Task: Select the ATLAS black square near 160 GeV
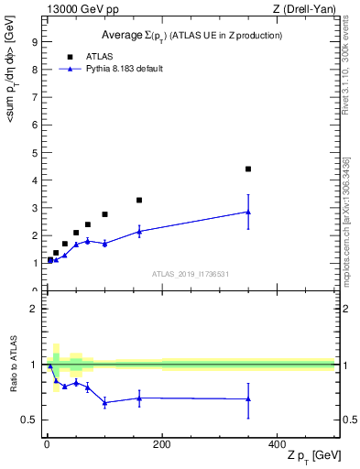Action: [x=139, y=200]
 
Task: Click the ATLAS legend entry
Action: [x=99, y=56]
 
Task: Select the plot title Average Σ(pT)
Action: [x=191, y=35]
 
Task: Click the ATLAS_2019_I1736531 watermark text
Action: [x=191, y=274]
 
